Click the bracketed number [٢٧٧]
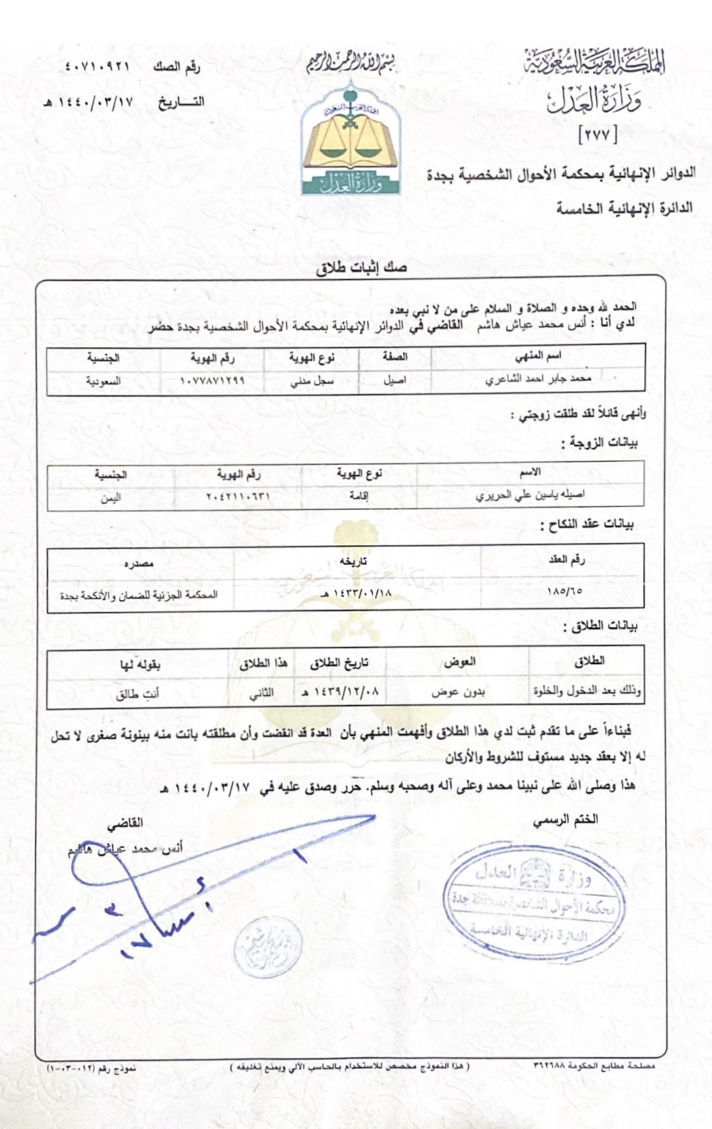coord(594,134)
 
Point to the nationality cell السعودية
coord(104,381)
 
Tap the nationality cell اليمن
coord(109,497)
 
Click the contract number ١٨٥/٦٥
coord(566,591)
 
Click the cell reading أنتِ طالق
coord(138,693)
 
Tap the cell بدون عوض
coord(458,692)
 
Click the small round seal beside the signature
coord(260,942)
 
